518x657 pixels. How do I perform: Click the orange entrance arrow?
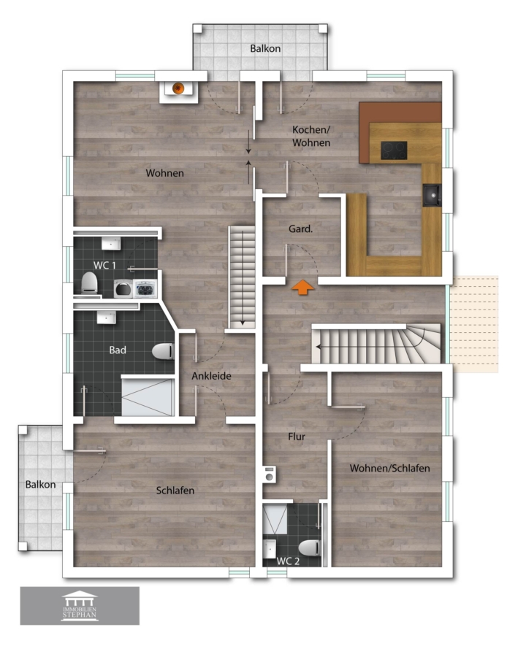click(x=302, y=288)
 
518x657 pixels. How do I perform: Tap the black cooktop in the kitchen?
click(x=394, y=150)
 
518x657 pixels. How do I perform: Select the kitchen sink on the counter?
click(x=432, y=195)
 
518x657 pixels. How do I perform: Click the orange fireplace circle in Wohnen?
click(x=178, y=88)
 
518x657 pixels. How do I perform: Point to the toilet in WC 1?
click(x=89, y=283)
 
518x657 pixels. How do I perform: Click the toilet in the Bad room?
click(x=164, y=351)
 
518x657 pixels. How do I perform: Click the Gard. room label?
click(x=301, y=228)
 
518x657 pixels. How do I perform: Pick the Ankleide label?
click(x=211, y=376)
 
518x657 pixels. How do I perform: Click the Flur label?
click(x=297, y=437)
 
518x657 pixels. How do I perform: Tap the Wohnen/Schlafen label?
click(x=389, y=468)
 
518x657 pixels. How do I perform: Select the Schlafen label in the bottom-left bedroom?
click(x=175, y=491)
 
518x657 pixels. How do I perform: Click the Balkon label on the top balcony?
click(x=265, y=49)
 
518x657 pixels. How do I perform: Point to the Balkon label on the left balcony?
click(x=40, y=485)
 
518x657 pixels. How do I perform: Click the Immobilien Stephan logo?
click(x=80, y=606)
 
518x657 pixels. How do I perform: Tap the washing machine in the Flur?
click(x=270, y=474)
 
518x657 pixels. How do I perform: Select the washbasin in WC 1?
click(x=111, y=243)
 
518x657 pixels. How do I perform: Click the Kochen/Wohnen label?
click(x=311, y=137)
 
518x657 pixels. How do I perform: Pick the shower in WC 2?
click(x=275, y=519)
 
